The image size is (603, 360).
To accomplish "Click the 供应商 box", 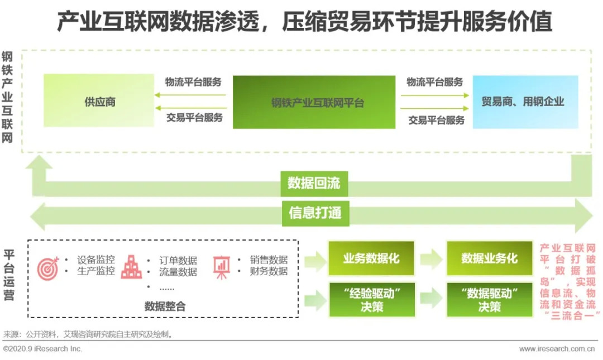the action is (x=99, y=101).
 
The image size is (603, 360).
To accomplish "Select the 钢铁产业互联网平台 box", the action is (x=314, y=102).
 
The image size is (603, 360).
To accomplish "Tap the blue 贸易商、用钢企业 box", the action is (x=525, y=102).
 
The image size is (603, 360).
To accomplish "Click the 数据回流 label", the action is (x=314, y=184).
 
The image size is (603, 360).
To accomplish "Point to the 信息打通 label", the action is (x=315, y=213).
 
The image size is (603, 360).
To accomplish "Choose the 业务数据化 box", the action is (x=371, y=258).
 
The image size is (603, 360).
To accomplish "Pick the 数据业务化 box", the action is (x=490, y=258).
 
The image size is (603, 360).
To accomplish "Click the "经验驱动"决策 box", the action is (x=372, y=300).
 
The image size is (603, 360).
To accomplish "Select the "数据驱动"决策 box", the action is (x=490, y=300).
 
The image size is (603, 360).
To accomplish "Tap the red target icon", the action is (x=48, y=268).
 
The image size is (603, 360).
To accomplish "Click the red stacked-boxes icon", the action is (x=131, y=267).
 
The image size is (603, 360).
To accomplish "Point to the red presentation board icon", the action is (x=222, y=267).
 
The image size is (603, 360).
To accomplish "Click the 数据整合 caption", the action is (x=165, y=306).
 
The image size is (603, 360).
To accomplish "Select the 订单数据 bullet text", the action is (x=178, y=261).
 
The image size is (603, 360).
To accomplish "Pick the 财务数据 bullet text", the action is (x=269, y=271).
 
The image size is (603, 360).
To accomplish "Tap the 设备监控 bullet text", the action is (x=96, y=260).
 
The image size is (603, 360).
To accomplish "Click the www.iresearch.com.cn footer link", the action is (x=557, y=349).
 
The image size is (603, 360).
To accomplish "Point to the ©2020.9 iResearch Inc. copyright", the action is (x=42, y=349).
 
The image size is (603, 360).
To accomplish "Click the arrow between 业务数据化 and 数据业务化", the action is (x=430, y=258).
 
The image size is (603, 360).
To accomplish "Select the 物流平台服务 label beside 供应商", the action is (x=193, y=82).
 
